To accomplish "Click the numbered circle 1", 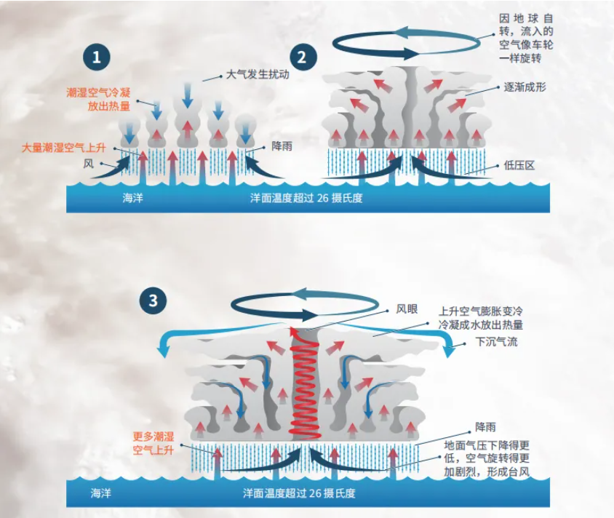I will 96,57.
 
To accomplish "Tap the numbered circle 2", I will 303,56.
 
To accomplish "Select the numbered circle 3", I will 153,300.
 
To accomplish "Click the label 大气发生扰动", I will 252,74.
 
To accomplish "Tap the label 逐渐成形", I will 525,87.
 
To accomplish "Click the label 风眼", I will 407,308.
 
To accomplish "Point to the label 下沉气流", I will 496,341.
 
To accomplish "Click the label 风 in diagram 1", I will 88,164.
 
